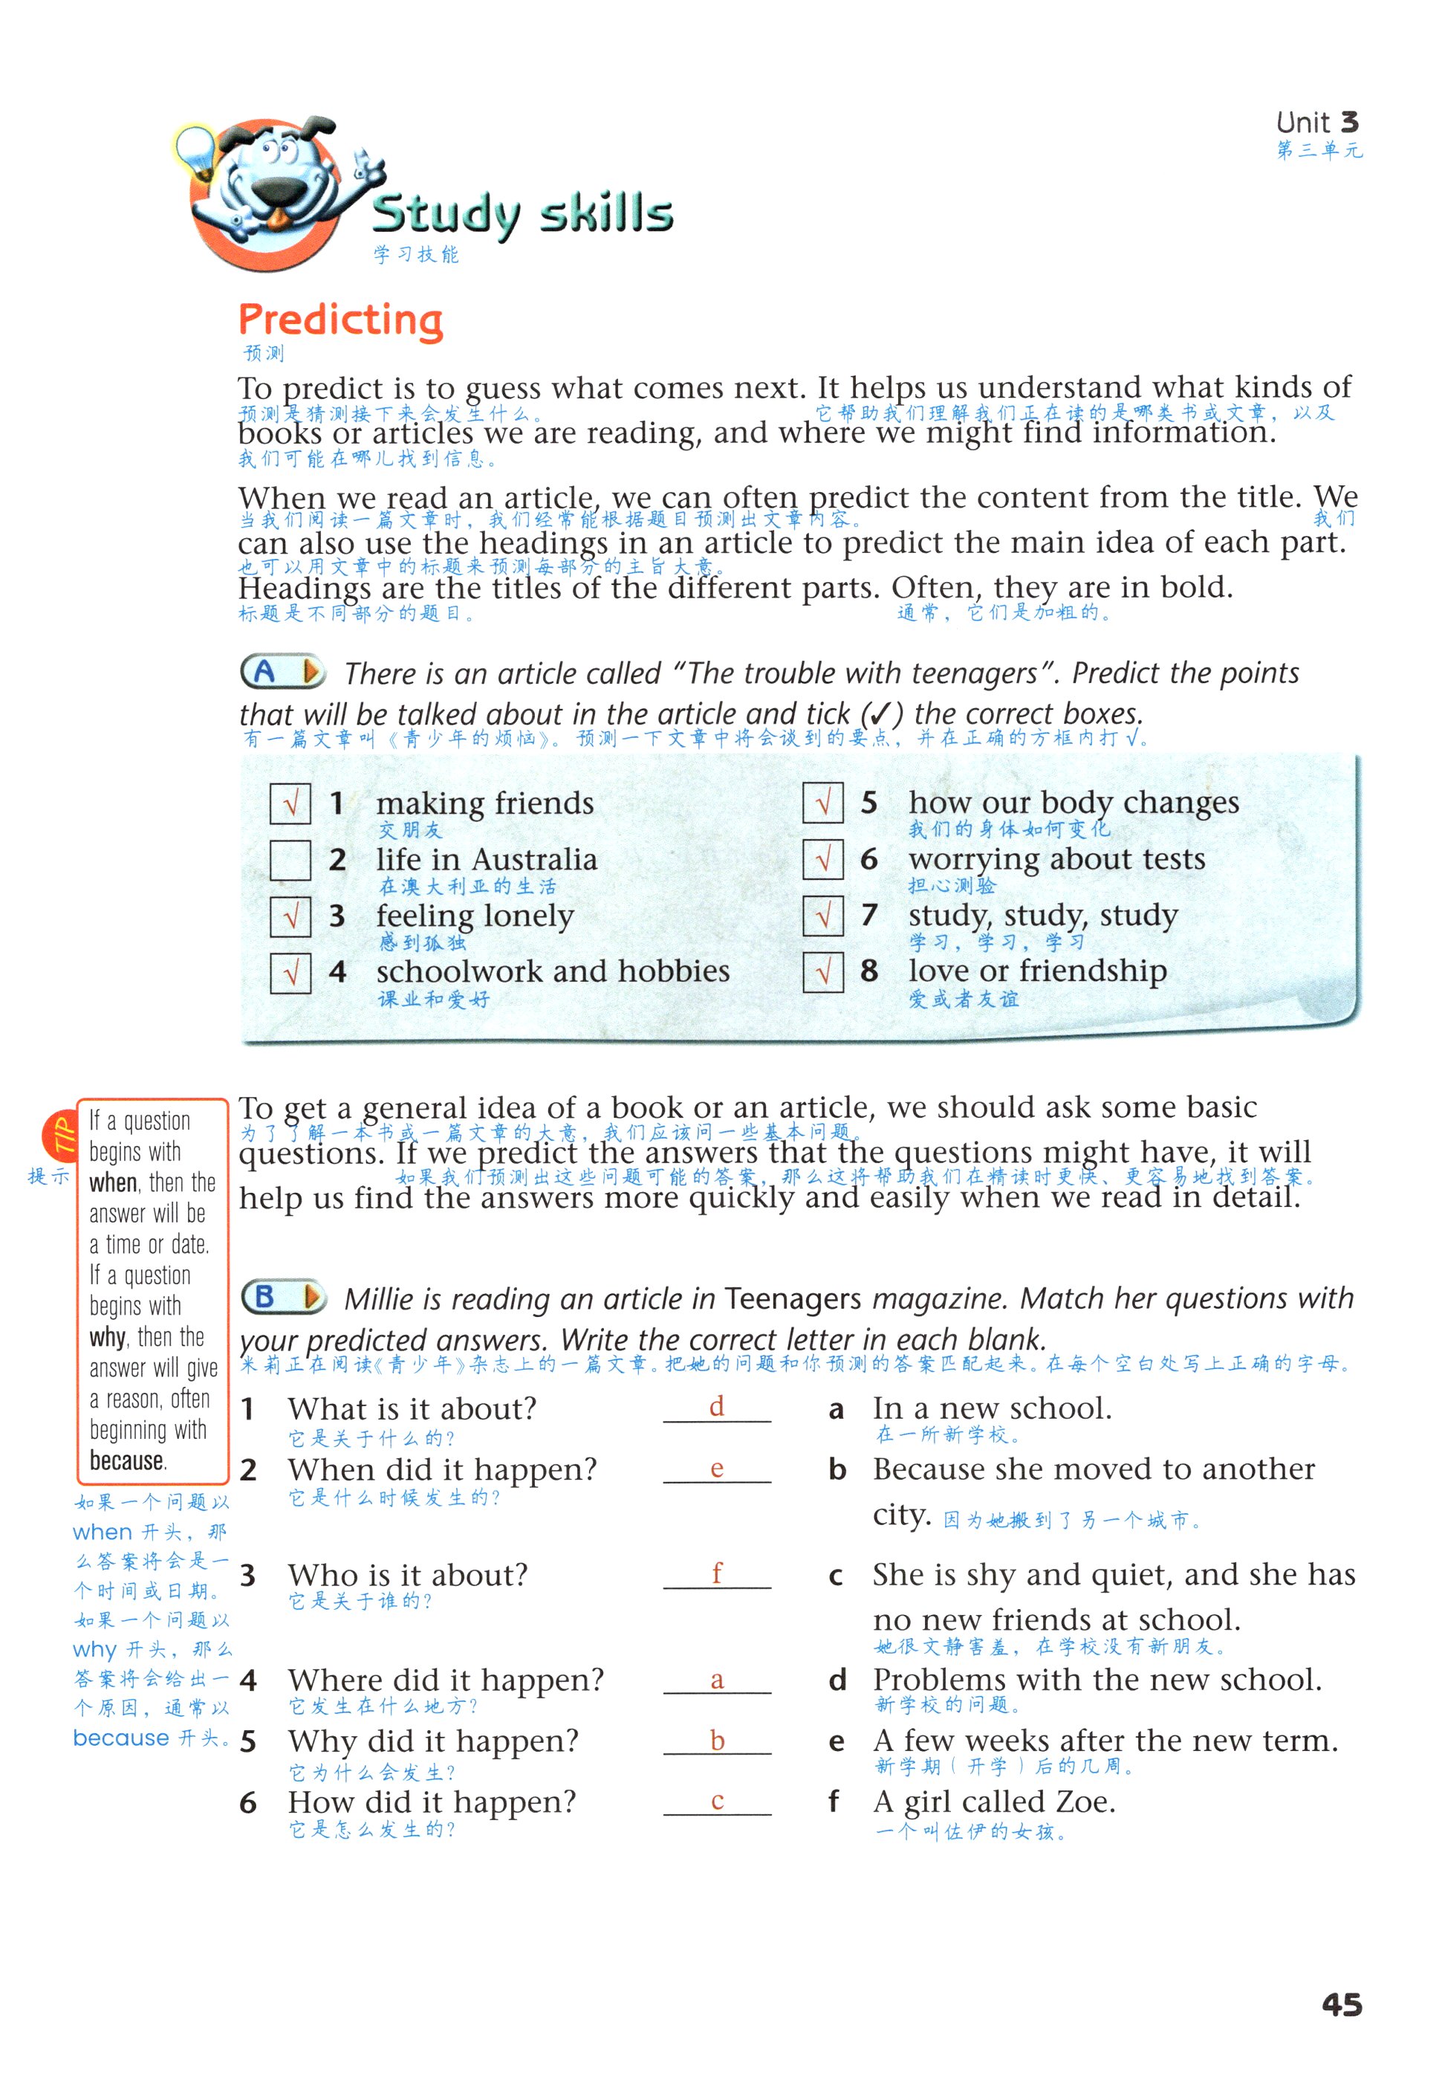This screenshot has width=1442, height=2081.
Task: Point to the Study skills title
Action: tap(522, 213)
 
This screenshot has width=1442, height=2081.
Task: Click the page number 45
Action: tap(1341, 2005)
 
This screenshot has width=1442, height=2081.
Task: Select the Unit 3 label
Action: tap(1316, 123)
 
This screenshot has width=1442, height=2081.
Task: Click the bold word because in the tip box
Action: tap(127, 1461)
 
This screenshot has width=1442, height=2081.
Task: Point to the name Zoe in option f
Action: tap(1085, 1802)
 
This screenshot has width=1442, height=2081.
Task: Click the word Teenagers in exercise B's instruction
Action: tap(793, 1299)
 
